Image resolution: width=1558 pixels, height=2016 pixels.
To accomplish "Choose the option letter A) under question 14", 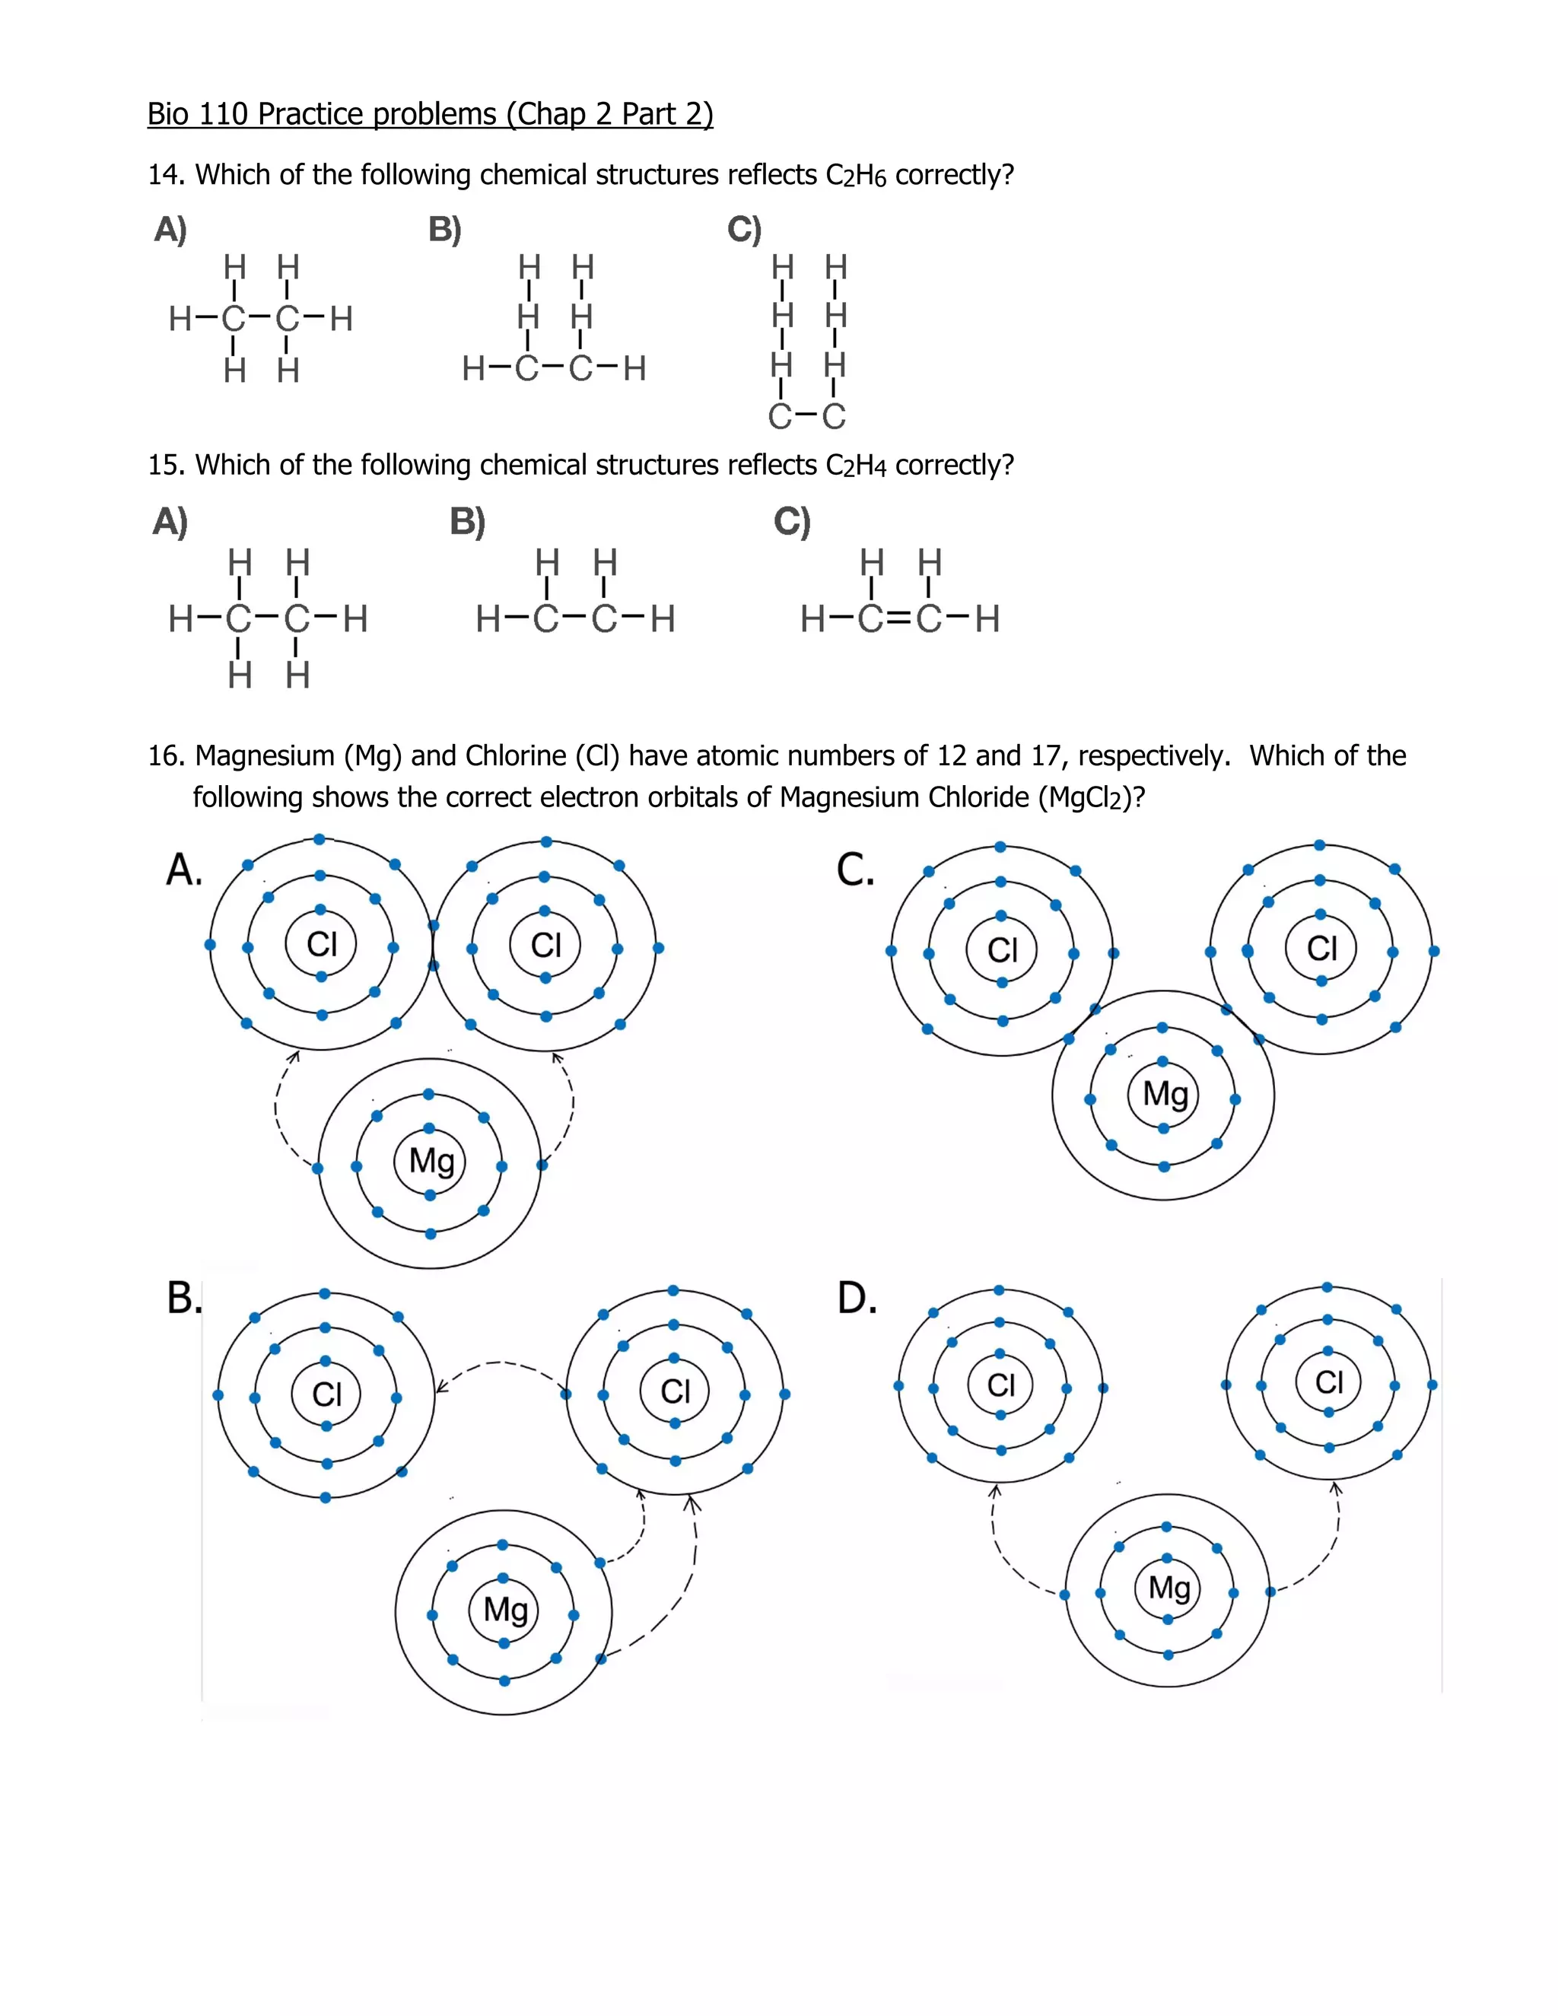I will point(170,229).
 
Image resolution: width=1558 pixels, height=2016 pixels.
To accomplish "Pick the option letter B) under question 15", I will point(467,522).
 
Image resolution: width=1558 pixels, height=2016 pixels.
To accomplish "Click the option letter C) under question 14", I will point(744,229).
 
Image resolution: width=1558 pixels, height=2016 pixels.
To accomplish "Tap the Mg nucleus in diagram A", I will point(430,1161).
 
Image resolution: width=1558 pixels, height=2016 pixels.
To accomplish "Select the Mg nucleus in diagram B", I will point(505,1610).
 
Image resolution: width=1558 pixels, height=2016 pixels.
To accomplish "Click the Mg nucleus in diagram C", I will point(1164,1095).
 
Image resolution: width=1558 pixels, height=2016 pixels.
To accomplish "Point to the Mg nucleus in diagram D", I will point(1168,1588).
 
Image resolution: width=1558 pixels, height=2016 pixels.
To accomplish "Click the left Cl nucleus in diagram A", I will point(321,944).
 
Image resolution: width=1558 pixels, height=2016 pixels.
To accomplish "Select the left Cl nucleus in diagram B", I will point(326,1394).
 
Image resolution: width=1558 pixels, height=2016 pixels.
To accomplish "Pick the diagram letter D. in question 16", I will point(857,1299).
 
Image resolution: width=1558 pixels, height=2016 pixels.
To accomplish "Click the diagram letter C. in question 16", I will point(854,870).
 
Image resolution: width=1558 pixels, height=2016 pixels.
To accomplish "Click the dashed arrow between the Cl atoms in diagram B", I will point(501,1364).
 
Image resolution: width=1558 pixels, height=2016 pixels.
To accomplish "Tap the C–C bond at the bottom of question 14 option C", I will point(808,417).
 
